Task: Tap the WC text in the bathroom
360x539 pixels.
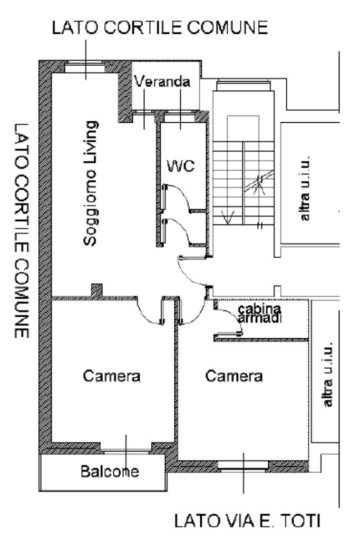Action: tap(181, 166)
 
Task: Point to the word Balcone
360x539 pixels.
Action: tap(110, 471)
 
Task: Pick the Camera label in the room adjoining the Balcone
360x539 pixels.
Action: tap(112, 376)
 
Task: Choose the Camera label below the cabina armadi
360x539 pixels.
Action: tap(234, 376)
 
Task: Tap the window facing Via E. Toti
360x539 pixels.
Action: tap(243, 465)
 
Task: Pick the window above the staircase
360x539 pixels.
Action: tap(243, 85)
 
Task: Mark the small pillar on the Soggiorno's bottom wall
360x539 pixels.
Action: tap(96, 290)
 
